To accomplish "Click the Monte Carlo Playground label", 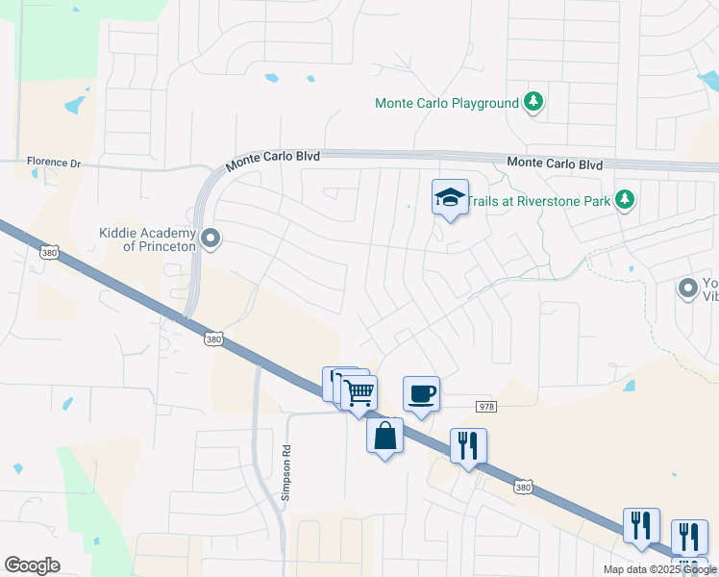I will pyautogui.click(x=446, y=103).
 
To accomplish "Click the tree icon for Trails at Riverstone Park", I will pyautogui.click(x=626, y=199).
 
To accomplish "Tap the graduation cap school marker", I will pyautogui.click(x=450, y=197).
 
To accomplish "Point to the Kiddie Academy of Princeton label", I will pyautogui.click(x=147, y=238).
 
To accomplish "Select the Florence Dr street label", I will pyautogui.click(x=54, y=163).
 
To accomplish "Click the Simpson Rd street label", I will pyautogui.click(x=285, y=473).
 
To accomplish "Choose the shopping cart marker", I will pyautogui.click(x=359, y=392).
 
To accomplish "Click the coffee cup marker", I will pyautogui.click(x=421, y=393).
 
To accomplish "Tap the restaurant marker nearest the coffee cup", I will pyautogui.click(x=468, y=445).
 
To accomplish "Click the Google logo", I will pyautogui.click(x=32, y=565).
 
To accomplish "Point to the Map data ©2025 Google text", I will pyautogui.click(x=658, y=569).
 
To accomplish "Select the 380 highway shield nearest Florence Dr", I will pyautogui.click(x=48, y=252).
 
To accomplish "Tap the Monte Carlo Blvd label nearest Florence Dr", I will pyautogui.click(x=273, y=159).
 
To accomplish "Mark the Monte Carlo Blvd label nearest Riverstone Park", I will pyautogui.click(x=555, y=164).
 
